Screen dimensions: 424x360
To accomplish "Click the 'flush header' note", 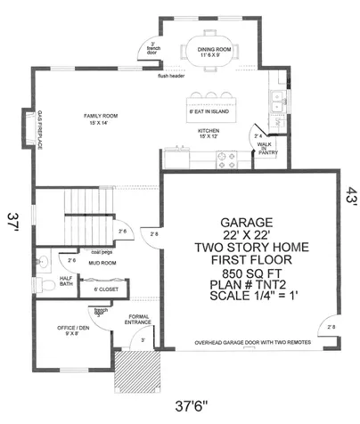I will tap(172, 76).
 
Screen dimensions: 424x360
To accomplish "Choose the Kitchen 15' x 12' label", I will tap(208, 135).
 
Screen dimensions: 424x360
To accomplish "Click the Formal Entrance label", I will tap(138, 320).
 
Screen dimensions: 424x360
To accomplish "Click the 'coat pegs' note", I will tap(100, 251).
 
